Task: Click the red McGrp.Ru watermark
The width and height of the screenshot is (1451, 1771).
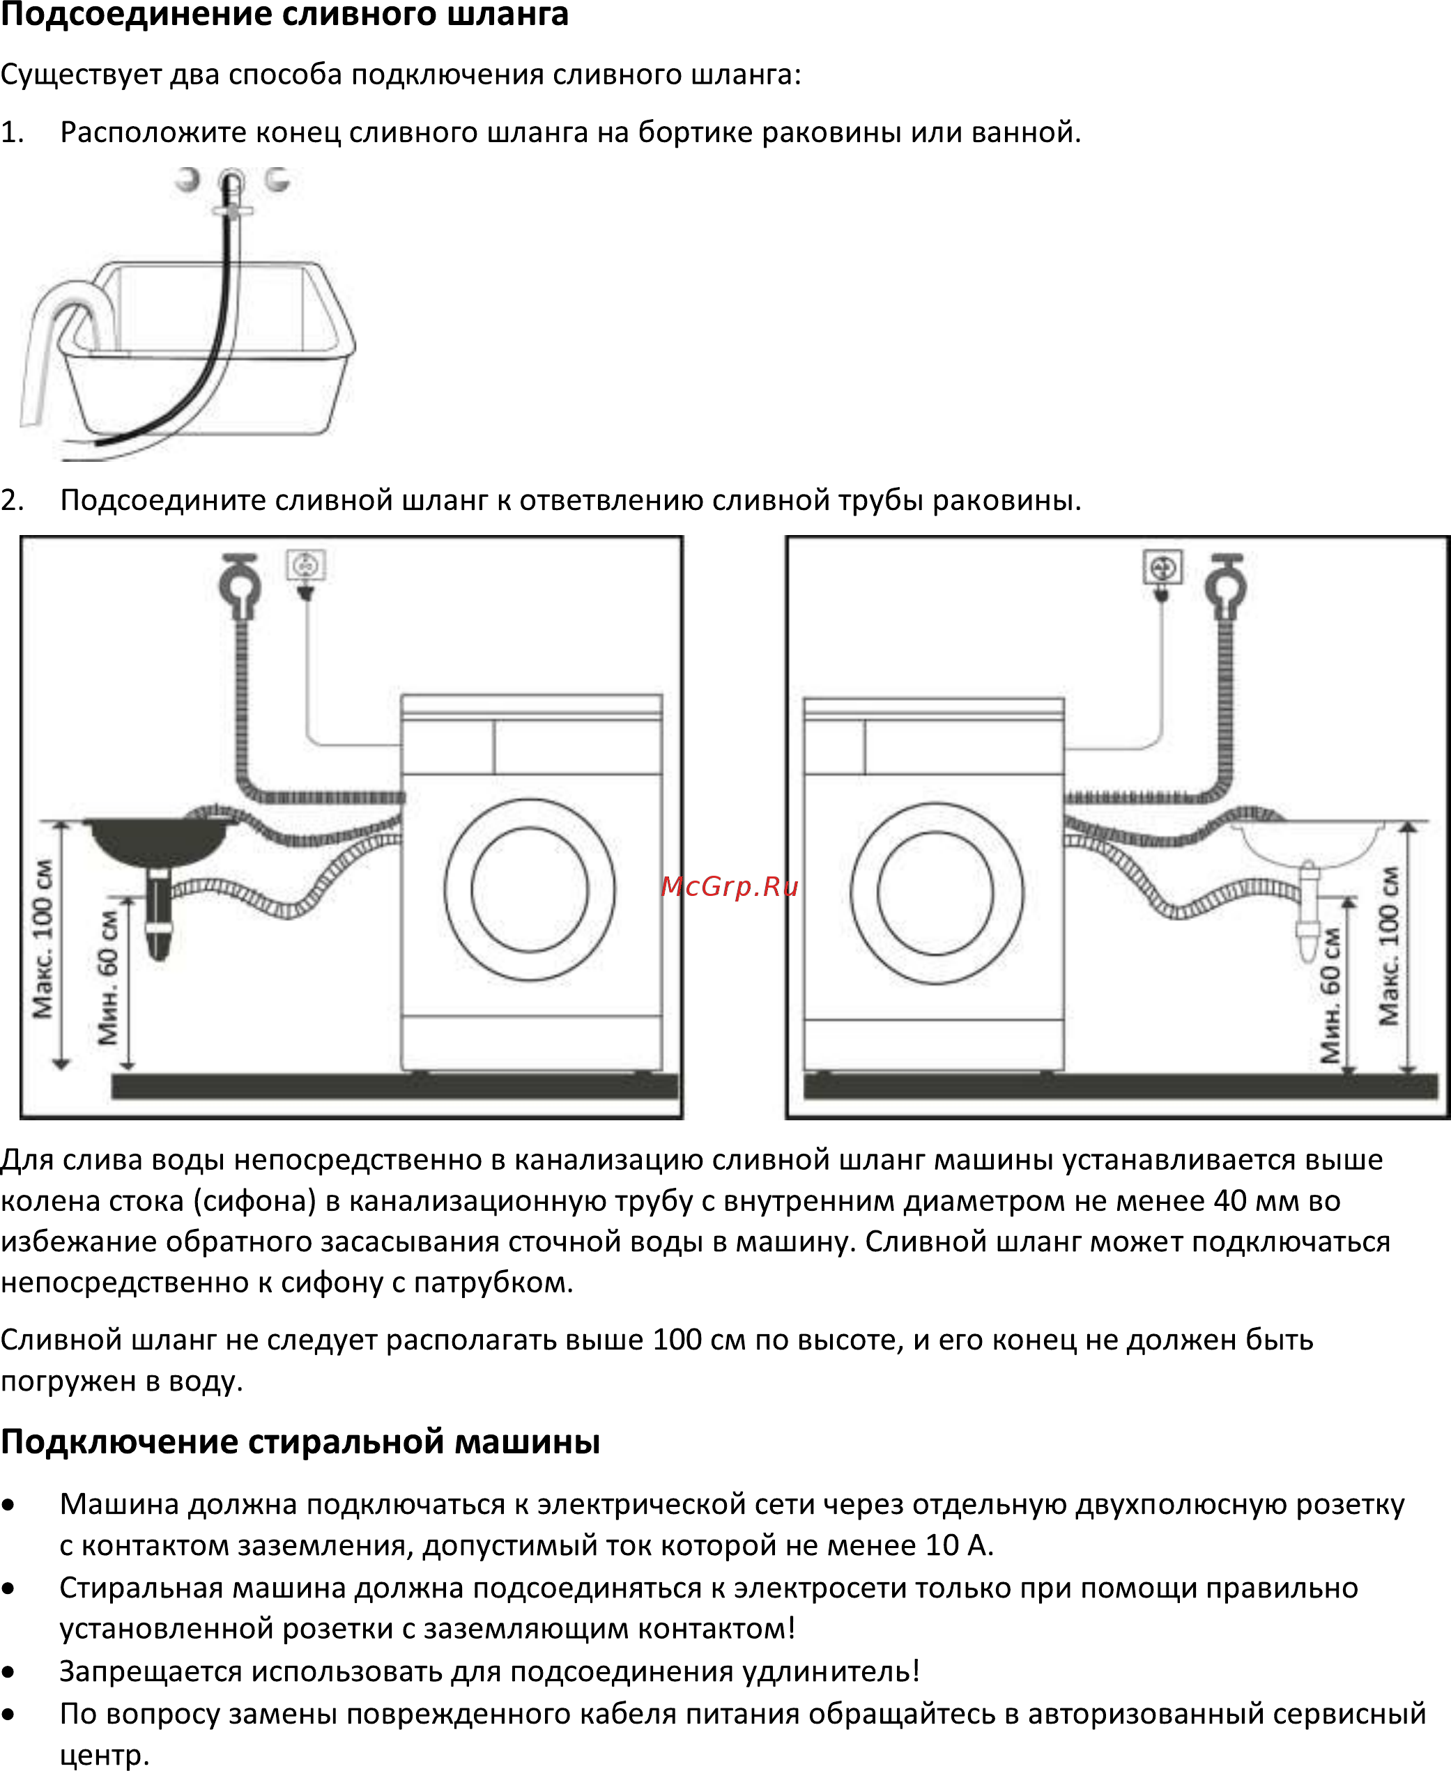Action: pyautogui.click(x=730, y=887)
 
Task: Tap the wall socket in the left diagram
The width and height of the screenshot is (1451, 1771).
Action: pyautogui.click(x=306, y=566)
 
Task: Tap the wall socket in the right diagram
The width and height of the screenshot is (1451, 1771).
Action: pyautogui.click(x=1163, y=568)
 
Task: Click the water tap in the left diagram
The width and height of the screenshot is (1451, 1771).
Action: pyautogui.click(x=240, y=585)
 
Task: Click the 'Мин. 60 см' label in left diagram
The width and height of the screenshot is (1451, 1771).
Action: pyautogui.click(x=108, y=978)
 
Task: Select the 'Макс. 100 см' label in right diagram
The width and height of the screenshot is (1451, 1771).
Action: pyautogui.click(x=1388, y=945)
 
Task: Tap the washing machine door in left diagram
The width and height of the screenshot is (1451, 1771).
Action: pyautogui.click(x=530, y=889)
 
